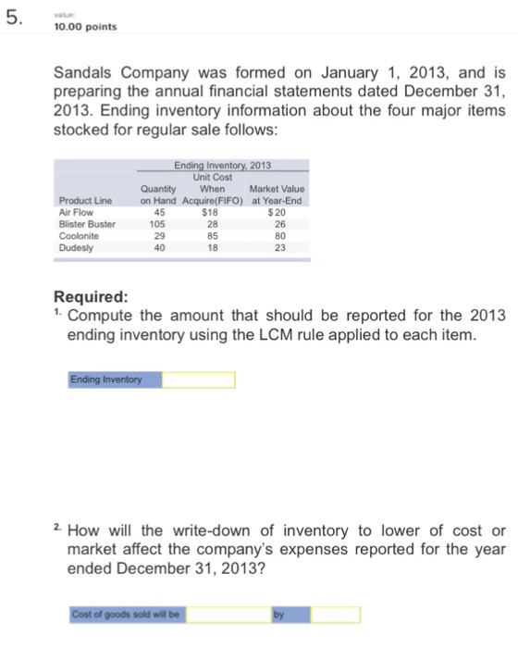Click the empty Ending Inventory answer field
[198, 380]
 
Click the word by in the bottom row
[277, 613]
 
